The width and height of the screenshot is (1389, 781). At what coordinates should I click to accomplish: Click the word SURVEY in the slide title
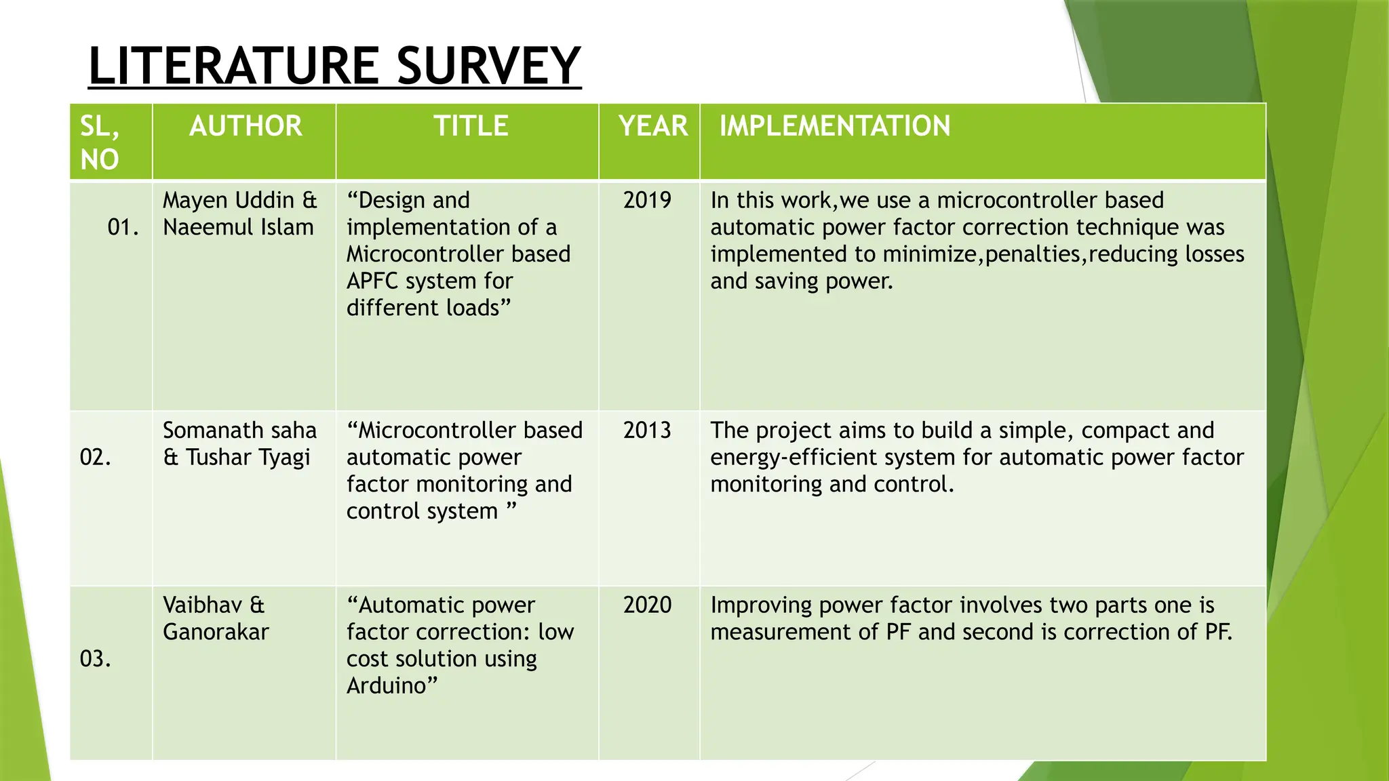488,66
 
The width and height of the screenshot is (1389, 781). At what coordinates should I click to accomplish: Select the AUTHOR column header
246,126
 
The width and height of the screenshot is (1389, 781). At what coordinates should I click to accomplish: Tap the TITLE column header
471,126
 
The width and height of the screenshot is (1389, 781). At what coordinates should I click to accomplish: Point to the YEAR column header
652,126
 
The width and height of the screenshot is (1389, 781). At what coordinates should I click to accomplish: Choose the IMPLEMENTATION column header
834,126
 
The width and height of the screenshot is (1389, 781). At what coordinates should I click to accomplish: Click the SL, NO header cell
100,142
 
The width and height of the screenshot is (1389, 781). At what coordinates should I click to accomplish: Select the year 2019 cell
647,200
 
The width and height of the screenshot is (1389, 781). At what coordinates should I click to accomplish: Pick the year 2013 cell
647,430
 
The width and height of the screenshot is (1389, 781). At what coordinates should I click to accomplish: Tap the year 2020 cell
647,605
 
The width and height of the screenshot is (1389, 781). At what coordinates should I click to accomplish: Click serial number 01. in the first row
123,227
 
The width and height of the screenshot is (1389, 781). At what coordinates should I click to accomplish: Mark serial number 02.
95,457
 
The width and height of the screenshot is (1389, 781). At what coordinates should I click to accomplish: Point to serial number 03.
95,658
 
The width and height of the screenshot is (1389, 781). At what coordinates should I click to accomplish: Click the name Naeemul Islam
238,227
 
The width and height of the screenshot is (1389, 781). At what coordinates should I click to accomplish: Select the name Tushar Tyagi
248,458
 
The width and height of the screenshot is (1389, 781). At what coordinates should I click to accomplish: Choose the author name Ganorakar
216,632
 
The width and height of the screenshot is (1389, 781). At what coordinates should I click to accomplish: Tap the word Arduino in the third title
387,685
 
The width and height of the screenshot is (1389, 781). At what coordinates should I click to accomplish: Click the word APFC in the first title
372,281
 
